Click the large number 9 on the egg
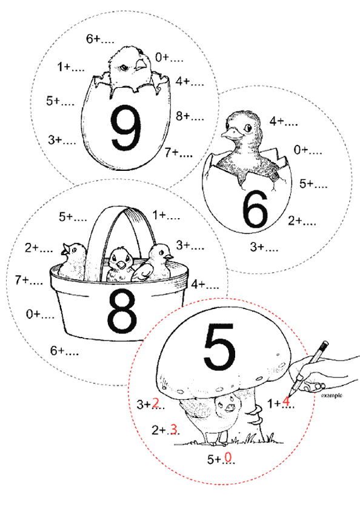(126, 128)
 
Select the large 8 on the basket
(122, 311)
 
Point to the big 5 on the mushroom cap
(219, 347)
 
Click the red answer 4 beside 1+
(286, 402)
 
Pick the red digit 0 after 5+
(228, 457)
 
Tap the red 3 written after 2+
(174, 429)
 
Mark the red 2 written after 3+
(156, 403)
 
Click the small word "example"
(332, 395)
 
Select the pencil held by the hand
(308, 368)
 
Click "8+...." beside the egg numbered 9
(190, 116)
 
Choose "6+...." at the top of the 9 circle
(100, 39)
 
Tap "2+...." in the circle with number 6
(302, 221)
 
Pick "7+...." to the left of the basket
(29, 280)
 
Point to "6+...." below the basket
(64, 351)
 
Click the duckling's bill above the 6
(230, 133)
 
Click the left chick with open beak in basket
(73, 260)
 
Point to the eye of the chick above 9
(124, 67)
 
